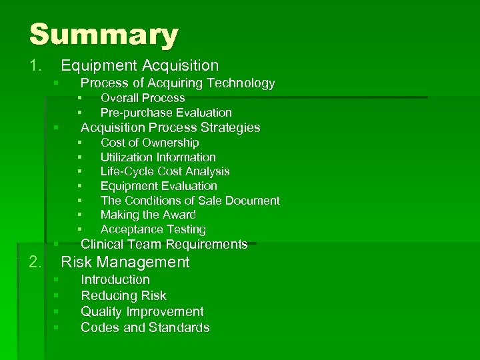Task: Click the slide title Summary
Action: pos(104,34)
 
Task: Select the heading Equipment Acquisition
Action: pos(139,65)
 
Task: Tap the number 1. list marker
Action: pos(35,65)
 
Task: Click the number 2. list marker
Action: pos(35,262)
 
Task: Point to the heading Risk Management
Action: pos(125,262)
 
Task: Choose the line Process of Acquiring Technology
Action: pos(177,83)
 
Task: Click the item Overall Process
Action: pos(143,98)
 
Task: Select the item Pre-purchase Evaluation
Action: pos(166,113)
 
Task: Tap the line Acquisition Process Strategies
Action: pos(170,127)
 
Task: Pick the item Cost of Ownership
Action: pos(149,143)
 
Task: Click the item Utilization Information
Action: pos(158,157)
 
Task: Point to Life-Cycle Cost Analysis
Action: pos(165,171)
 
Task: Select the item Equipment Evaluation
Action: pos(159,186)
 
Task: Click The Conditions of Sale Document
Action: pos(190,201)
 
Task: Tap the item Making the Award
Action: pos(148,215)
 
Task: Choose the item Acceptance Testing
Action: pos(153,229)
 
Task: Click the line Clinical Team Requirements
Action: pos(164,244)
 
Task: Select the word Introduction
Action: pos(115,279)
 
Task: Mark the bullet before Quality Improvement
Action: pos(57,311)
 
